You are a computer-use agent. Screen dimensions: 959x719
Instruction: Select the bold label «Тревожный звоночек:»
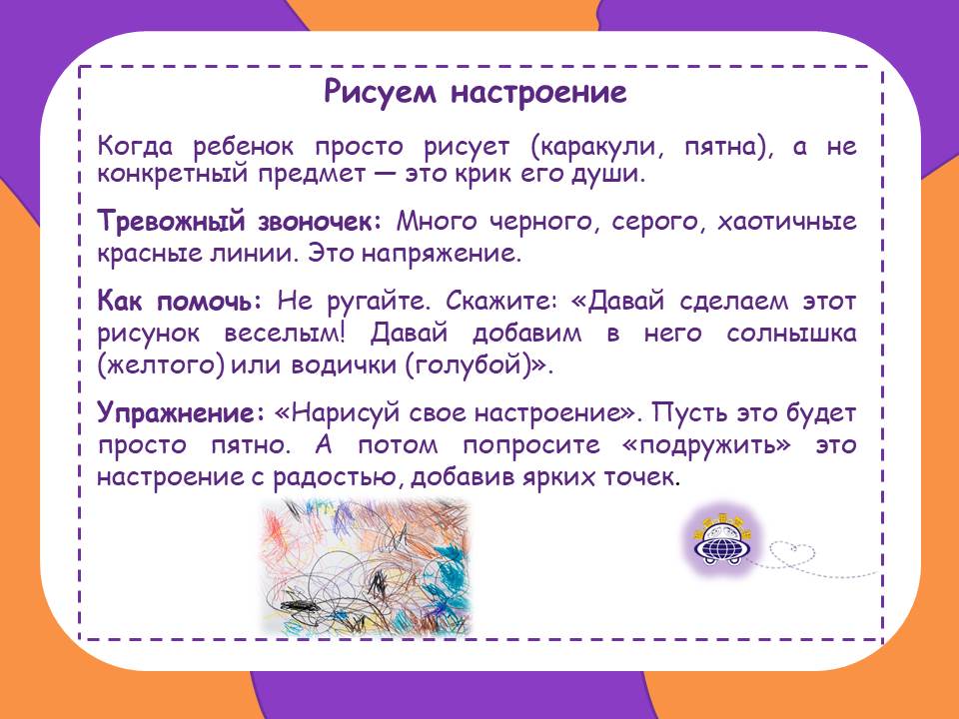(x=240, y=221)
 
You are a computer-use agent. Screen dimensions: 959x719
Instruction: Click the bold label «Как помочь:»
(x=181, y=301)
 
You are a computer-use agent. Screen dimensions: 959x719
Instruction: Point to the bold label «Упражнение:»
(x=182, y=413)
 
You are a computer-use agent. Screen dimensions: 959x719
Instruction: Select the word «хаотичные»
(x=786, y=221)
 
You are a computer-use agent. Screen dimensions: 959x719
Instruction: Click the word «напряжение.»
(x=442, y=254)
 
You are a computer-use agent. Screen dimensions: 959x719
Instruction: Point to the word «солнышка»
(x=791, y=334)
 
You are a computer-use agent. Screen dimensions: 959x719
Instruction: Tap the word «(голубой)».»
(x=479, y=365)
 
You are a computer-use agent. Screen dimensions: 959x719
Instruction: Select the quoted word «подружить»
(x=706, y=445)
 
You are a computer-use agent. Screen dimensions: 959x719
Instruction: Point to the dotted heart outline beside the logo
(x=792, y=554)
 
